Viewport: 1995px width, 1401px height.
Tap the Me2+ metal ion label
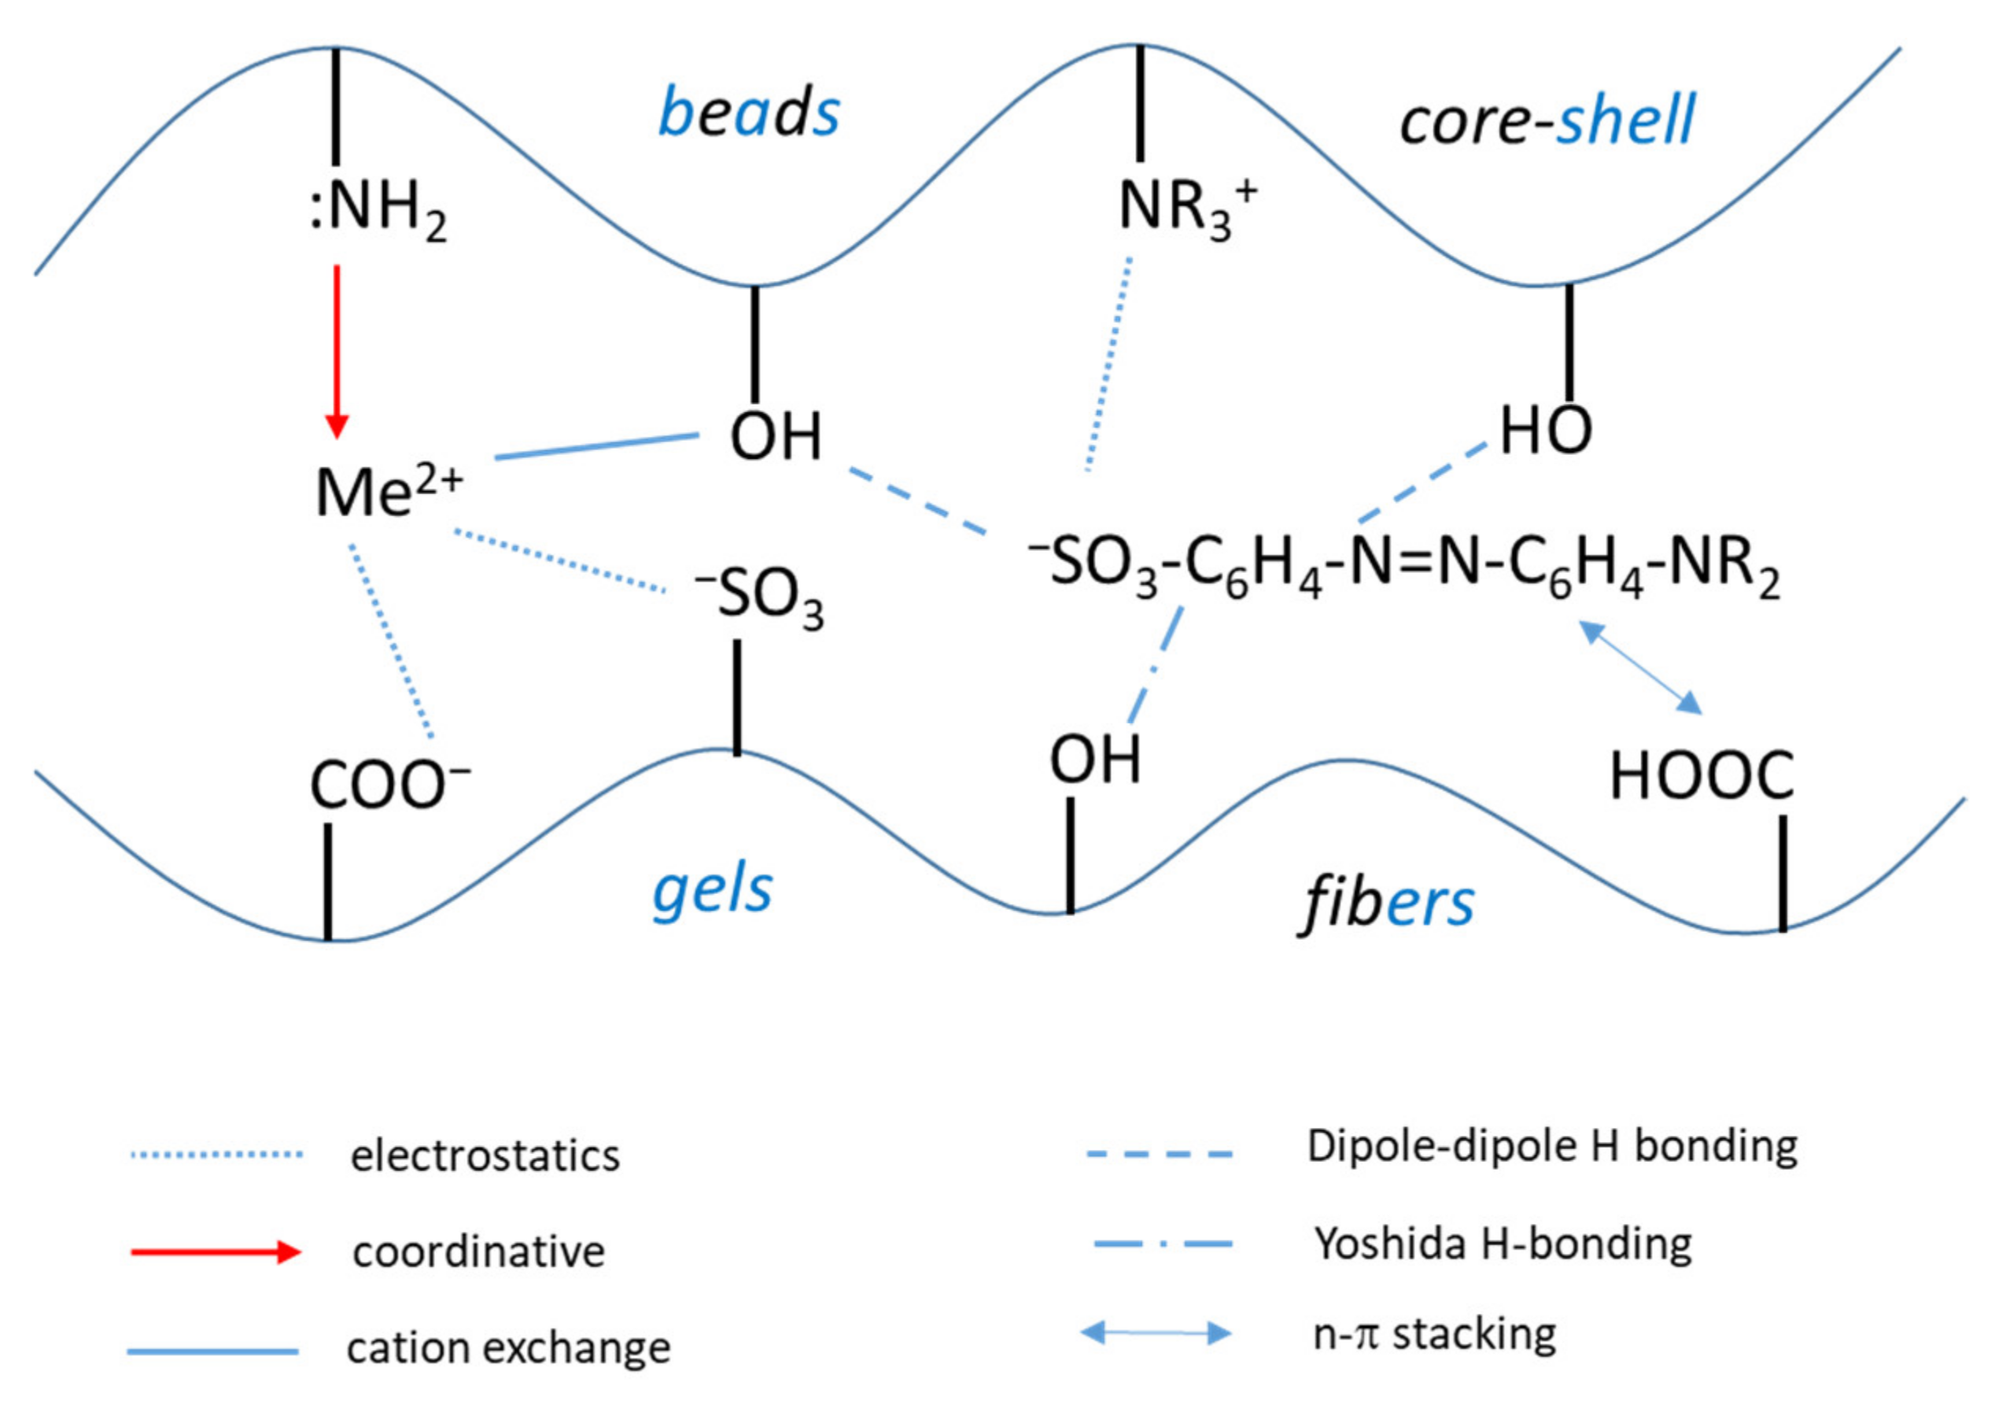[x=389, y=491]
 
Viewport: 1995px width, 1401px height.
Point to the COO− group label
[x=390, y=784]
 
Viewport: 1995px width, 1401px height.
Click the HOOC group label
[x=1701, y=775]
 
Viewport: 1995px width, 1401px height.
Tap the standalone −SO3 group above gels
[x=759, y=596]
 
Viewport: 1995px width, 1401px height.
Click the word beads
[x=749, y=113]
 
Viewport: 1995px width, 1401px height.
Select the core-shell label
[x=1547, y=120]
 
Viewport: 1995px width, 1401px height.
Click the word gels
[x=713, y=891]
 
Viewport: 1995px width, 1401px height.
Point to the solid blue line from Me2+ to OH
[x=597, y=445]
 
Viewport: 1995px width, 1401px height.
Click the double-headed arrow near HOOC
[x=1639, y=667]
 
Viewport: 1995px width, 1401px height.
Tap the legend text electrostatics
[x=485, y=1156]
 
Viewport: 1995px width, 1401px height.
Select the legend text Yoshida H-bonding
[x=1503, y=1244]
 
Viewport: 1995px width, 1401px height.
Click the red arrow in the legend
[x=216, y=1251]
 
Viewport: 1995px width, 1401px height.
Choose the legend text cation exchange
[x=508, y=1348]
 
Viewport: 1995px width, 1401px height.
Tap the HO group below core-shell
[x=1546, y=431]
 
